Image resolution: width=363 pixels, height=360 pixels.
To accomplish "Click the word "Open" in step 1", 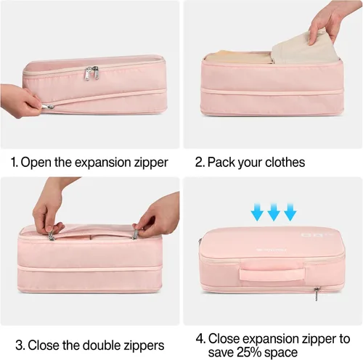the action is point(36,163).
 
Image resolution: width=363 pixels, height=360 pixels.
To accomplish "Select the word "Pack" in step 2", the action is point(221,162).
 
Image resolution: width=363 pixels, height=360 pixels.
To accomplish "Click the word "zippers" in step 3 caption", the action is point(144,345).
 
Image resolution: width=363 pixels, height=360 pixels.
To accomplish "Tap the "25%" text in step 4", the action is point(250,352).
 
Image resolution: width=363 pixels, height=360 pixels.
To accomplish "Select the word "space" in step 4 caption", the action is point(282,353).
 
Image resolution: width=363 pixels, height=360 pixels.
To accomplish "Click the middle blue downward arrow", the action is point(274,212).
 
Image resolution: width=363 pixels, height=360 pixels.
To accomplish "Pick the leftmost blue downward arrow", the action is point(257,212).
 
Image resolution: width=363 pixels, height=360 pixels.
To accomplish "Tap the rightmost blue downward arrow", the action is point(290,212).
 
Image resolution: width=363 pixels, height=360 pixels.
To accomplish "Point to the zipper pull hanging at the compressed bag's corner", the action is point(317,293).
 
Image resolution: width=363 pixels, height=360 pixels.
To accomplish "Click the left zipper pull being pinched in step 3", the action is point(51,236).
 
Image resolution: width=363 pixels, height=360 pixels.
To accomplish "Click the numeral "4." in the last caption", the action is point(201,338).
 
